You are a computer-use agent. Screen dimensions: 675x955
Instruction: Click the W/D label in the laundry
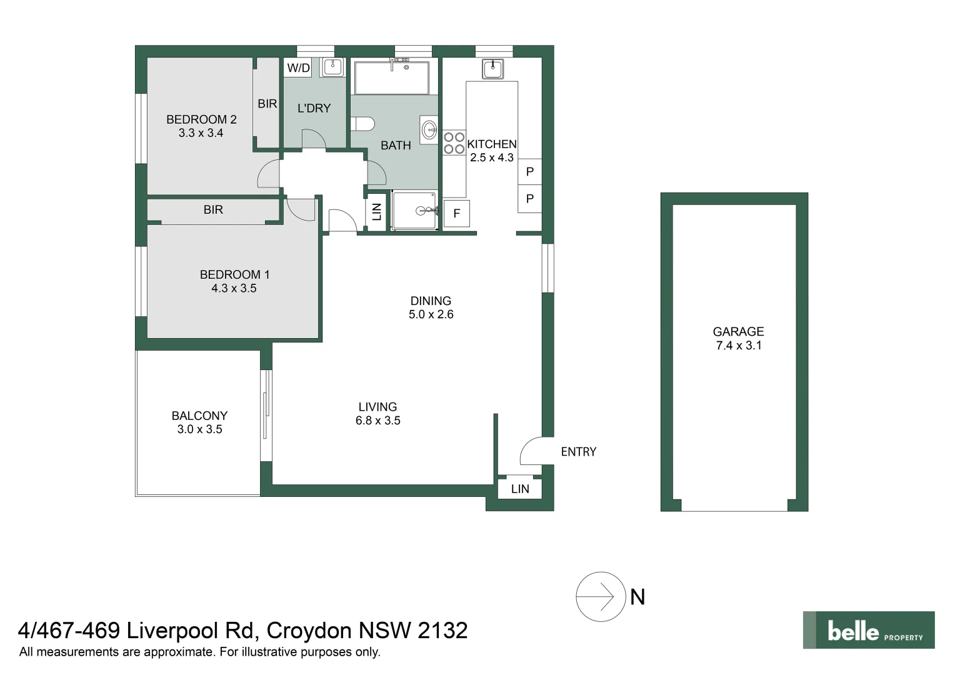(298, 68)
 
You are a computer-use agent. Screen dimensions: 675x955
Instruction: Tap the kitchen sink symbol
(492, 68)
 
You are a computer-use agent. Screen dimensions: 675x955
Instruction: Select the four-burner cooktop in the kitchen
(454, 142)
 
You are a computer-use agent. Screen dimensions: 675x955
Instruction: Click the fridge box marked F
(456, 214)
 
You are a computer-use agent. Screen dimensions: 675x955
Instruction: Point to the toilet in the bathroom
(362, 124)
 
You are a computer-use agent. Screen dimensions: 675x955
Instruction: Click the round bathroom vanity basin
(429, 130)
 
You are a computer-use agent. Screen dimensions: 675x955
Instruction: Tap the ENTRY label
(578, 452)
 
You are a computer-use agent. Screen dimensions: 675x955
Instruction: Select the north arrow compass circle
(601, 597)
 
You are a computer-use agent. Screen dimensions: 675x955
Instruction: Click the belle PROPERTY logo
(868, 630)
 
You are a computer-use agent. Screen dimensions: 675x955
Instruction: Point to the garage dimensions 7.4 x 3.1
(738, 346)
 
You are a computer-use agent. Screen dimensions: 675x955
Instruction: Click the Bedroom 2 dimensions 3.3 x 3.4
(201, 133)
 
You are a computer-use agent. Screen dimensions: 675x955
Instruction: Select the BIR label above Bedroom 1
(213, 210)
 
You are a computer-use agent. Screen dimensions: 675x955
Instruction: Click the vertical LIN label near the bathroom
(377, 212)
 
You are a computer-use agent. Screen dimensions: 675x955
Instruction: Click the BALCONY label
(199, 416)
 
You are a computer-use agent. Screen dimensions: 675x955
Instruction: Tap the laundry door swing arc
(314, 139)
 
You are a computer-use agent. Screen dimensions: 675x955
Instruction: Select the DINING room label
(431, 301)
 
